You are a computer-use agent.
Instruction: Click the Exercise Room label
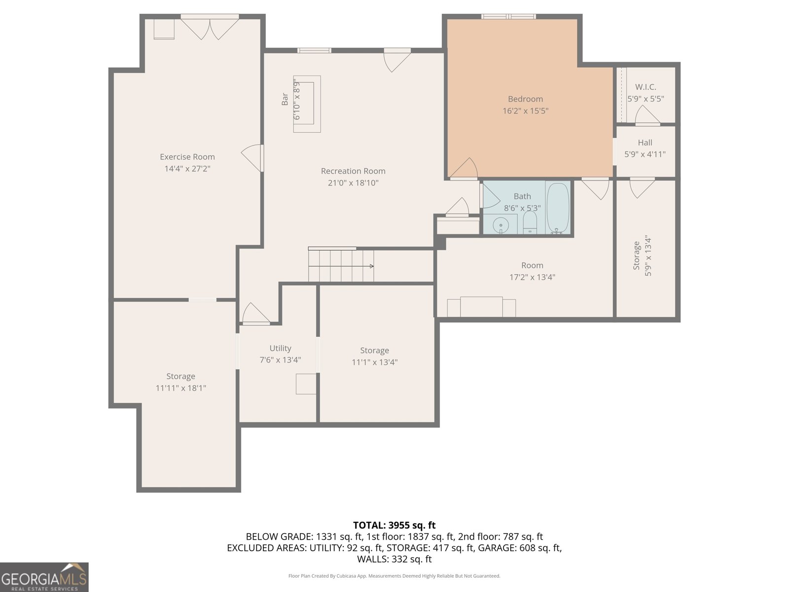pos(187,157)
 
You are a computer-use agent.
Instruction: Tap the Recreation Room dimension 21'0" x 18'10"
pos(353,183)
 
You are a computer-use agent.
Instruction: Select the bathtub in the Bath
pos(558,208)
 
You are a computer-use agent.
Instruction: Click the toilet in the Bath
pos(530,223)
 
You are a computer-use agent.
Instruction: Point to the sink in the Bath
pos(501,224)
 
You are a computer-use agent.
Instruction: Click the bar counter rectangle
pos(307,104)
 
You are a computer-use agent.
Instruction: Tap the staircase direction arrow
pos(371,266)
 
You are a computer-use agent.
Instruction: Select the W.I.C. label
pos(646,87)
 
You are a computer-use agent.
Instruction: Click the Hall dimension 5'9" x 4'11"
pos(645,154)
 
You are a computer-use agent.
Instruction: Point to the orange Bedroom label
pos(525,99)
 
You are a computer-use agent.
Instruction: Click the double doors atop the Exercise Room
pos(210,28)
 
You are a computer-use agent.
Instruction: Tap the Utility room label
pos(280,348)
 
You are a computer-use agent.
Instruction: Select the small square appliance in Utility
pos(306,384)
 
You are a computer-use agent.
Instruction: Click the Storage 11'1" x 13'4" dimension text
pos(374,362)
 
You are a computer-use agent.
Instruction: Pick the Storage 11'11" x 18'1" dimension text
pos(180,388)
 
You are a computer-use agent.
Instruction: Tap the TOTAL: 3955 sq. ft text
pos(394,525)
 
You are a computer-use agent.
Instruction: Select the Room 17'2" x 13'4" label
pos(532,265)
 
